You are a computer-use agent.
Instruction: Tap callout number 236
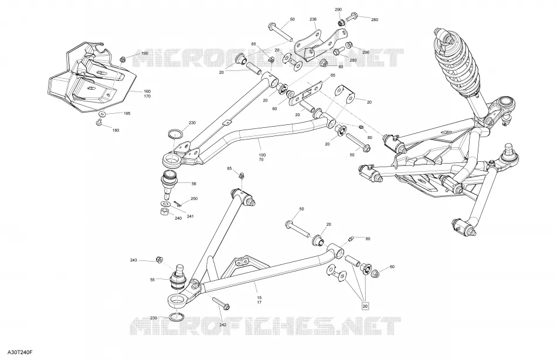click(x=313, y=19)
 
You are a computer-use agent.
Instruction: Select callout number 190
click(x=145, y=53)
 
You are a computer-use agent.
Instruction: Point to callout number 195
click(x=127, y=114)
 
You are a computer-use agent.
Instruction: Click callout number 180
click(x=116, y=130)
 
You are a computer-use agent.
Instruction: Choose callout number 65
click(x=333, y=75)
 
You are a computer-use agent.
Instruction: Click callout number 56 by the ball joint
click(x=194, y=184)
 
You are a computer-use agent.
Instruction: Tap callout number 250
click(x=194, y=199)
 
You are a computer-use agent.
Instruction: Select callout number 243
click(x=133, y=260)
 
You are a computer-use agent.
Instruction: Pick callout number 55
click(x=152, y=280)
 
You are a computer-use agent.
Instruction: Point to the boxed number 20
click(x=365, y=306)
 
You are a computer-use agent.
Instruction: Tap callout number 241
click(x=191, y=216)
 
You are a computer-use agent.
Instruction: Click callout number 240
click(x=178, y=218)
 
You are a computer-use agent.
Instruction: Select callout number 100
click(x=262, y=155)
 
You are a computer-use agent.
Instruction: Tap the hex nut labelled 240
click(x=165, y=212)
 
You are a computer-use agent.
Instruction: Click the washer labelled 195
click(x=103, y=114)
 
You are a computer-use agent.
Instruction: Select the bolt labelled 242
click(x=221, y=303)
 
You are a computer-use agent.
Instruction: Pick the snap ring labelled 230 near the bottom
click(x=176, y=316)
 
